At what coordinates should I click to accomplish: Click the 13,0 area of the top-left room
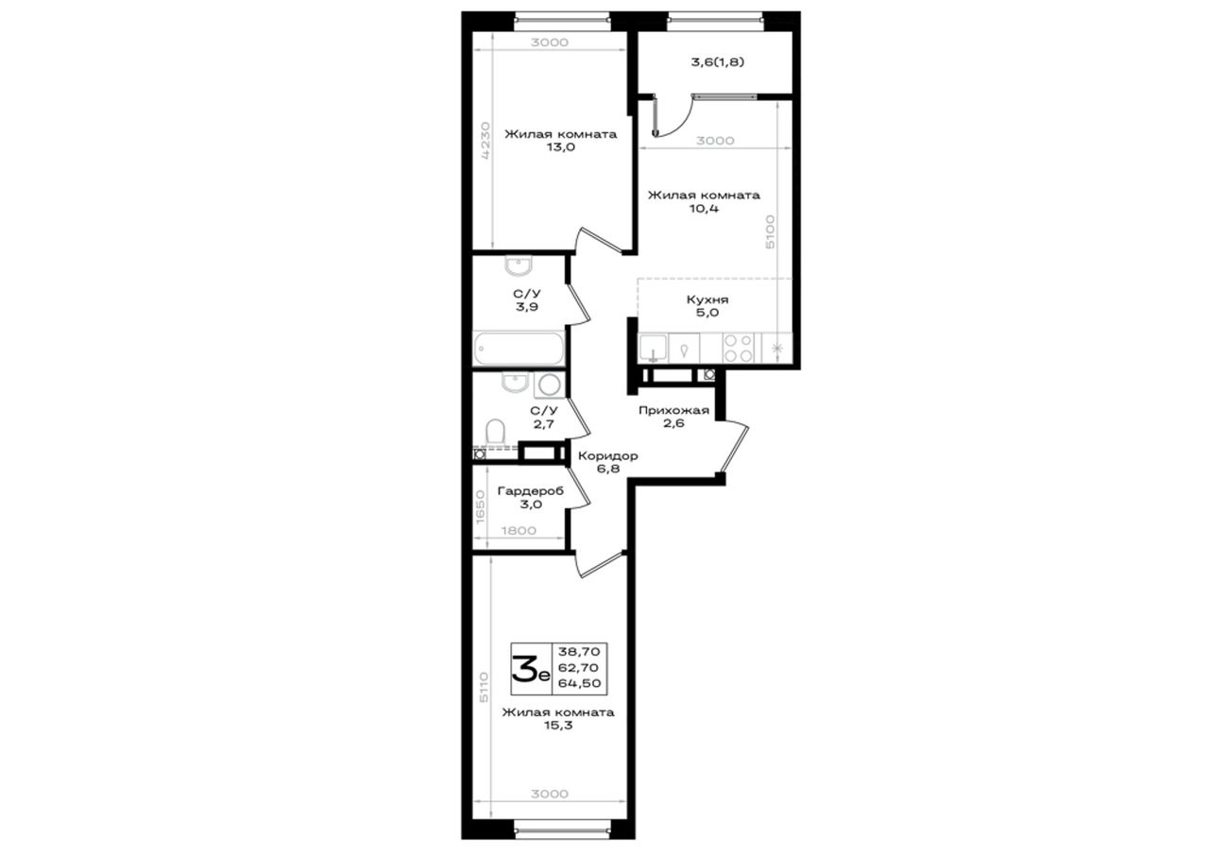(x=561, y=147)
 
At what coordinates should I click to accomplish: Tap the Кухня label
(x=707, y=299)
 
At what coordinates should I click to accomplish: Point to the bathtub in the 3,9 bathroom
(x=519, y=349)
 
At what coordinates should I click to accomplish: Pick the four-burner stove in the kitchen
(x=739, y=349)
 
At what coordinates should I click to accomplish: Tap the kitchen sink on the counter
(x=653, y=349)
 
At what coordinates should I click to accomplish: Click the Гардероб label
(x=531, y=491)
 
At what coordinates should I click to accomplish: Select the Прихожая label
(x=673, y=410)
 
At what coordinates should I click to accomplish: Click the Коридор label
(x=607, y=456)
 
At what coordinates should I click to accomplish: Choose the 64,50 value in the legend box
(x=579, y=683)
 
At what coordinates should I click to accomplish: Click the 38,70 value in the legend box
(x=579, y=652)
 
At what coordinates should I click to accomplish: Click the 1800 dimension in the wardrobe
(x=519, y=531)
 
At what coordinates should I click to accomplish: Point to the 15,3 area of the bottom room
(x=558, y=726)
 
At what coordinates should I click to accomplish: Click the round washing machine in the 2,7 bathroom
(x=550, y=385)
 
